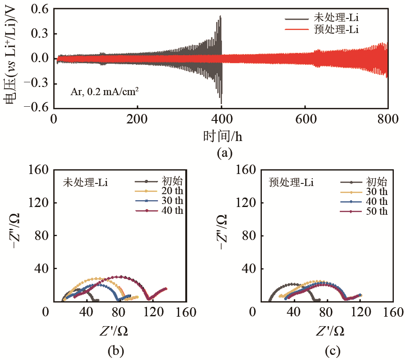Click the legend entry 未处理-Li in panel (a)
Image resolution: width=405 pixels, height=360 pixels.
(x=336, y=18)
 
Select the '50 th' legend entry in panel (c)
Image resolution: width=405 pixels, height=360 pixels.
(x=377, y=211)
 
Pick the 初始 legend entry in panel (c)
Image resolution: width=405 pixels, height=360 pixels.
(x=375, y=181)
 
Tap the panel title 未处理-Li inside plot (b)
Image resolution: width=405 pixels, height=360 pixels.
(x=84, y=183)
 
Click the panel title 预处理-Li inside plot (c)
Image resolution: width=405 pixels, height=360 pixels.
(x=291, y=183)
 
